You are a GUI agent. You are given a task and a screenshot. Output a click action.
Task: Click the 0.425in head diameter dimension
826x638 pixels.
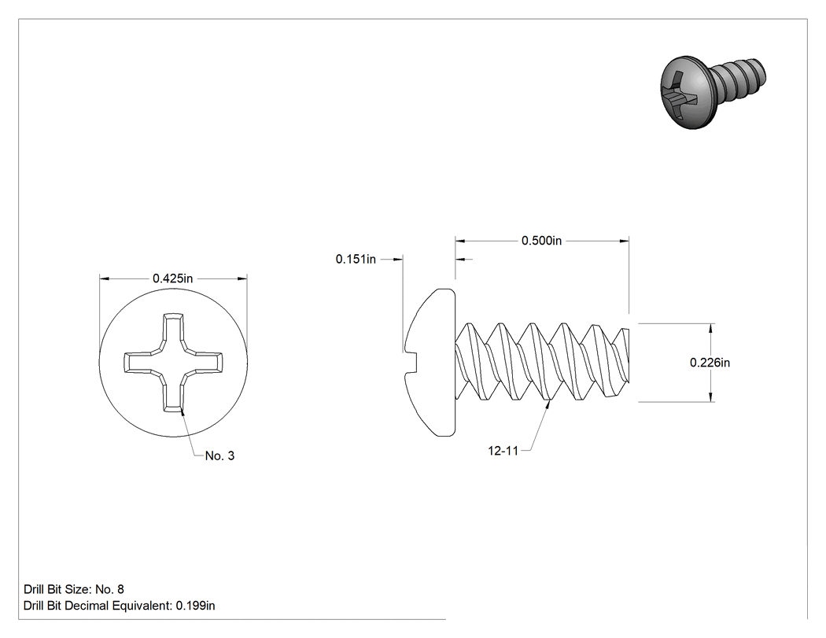click(x=173, y=278)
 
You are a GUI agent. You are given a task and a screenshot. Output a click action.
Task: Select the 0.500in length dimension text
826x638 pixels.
click(x=541, y=241)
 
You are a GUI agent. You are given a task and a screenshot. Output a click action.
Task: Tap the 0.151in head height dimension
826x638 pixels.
click(x=356, y=259)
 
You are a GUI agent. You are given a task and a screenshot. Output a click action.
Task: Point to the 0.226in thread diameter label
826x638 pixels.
click(x=710, y=363)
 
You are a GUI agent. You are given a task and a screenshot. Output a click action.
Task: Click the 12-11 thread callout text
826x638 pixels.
click(x=503, y=451)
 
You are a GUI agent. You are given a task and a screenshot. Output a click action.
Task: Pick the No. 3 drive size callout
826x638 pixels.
click(x=219, y=455)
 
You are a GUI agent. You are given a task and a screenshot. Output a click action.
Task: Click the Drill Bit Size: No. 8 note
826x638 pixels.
click(x=74, y=589)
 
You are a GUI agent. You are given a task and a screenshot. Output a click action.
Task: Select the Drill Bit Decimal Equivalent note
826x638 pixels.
click(x=119, y=605)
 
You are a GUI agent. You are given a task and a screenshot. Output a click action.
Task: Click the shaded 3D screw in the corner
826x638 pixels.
click(x=712, y=91)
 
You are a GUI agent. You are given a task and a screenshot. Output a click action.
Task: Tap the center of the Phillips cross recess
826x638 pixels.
click(x=173, y=363)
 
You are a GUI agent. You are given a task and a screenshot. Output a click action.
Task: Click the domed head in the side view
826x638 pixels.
click(x=430, y=363)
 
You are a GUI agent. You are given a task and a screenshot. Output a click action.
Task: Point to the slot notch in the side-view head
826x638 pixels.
click(x=411, y=363)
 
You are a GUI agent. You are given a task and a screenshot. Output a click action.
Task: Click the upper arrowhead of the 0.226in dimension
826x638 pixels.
click(x=711, y=328)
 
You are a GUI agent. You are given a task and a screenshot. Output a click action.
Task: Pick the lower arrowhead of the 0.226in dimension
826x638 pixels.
click(x=711, y=396)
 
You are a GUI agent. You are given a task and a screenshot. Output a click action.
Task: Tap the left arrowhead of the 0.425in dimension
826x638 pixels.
click(x=105, y=278)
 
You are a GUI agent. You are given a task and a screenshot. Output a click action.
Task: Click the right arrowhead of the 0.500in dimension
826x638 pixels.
click(x=625, y=242)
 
